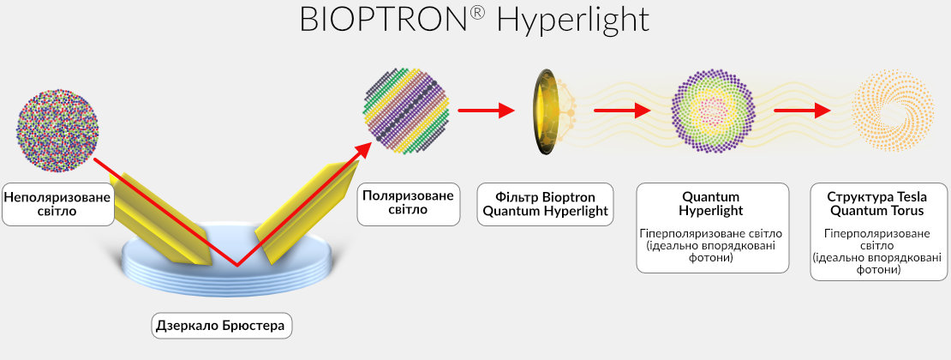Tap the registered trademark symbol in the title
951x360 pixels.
(x=477, y=13)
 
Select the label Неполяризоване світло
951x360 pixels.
(x=57, y=204)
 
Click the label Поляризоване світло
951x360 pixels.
(x=408, y=203)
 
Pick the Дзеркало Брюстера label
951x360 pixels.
(x=220, y=326)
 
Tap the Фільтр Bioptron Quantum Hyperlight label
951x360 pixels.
(x=545, y=205)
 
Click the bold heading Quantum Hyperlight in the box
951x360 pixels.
(x=713, y=204)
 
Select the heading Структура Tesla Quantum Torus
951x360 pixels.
(x=877, y=204)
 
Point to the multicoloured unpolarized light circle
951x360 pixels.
(x=57, y=130)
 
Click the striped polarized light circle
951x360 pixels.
(x=406, y=111)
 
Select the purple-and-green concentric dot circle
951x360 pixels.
(x=713, y=111)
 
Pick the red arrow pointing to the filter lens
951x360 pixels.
(x=487, y=111)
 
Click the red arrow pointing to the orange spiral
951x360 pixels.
(x=803, y=111)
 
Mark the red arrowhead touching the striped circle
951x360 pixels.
(x=362, y=150)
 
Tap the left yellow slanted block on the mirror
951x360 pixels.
(x=162, y=219)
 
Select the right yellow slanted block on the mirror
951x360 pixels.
(x=307, y=213)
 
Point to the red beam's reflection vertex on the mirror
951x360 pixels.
(x=236, y=266)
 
